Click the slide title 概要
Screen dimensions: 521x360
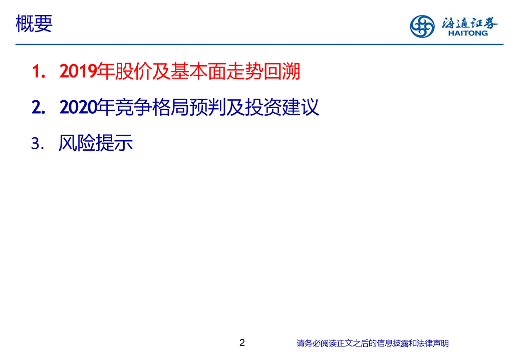[34, 24]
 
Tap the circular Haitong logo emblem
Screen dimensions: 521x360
[422, 26]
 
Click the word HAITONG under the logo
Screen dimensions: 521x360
[468, 33]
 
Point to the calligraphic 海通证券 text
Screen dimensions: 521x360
[469, 23]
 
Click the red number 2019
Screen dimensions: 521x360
[78, 71]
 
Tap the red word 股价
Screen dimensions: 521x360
[134, 71]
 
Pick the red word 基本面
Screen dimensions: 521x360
[198, 71]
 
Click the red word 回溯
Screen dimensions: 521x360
[282, 71]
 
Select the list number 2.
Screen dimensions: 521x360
[39, 107]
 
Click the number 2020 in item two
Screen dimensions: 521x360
[78, 107]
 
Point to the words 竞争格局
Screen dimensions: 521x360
[152, 107]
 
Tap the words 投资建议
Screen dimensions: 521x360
[282, 107]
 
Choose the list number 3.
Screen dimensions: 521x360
[38, 144]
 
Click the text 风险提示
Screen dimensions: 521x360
[96, 143]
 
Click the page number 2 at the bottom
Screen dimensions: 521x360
[242, 343]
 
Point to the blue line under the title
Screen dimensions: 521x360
[259, 44]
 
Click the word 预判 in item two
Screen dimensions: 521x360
[208, 107]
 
